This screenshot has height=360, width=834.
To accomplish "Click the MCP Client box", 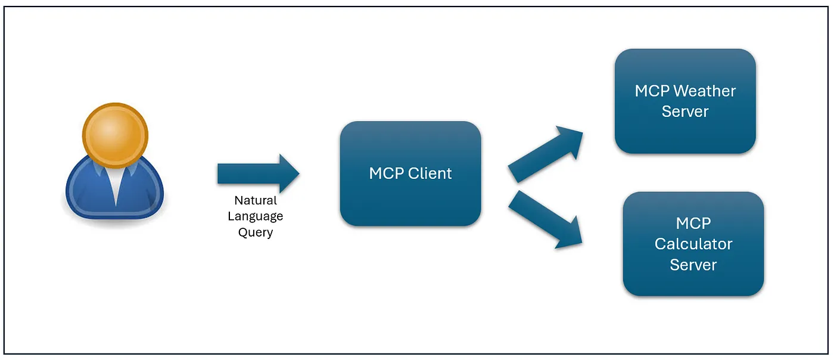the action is click(410, 173).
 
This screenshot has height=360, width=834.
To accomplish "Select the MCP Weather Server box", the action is click(685, 101).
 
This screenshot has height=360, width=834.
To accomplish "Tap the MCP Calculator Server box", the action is click(693, 244).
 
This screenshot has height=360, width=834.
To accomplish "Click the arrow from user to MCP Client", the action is click(259, 173).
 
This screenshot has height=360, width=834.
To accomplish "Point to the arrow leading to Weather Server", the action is click(546, 154).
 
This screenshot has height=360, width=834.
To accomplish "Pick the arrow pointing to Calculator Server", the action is click(546, 219).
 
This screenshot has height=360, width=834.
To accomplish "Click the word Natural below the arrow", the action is click(256, 200).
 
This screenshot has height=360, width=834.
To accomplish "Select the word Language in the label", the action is click(256, 216).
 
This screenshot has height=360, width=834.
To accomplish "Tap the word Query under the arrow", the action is click(256, 232).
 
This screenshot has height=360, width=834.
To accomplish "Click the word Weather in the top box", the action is click(705, 91).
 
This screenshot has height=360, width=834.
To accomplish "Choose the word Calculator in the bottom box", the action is click(693, 244).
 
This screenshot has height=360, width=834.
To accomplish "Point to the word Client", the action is click(430, 173).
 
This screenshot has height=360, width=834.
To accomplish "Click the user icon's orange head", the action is click(115, 135).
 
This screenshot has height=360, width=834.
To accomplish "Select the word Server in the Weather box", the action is click(685, 111).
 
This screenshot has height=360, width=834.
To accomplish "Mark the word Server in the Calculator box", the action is click(693, 265).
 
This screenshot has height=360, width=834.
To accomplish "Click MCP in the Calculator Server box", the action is click(693, 224).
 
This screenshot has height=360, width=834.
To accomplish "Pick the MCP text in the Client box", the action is click(387, 173).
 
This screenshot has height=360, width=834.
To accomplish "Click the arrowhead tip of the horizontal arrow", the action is click(299, 173).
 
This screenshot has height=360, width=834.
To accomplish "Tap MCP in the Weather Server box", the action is click(652, 91).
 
